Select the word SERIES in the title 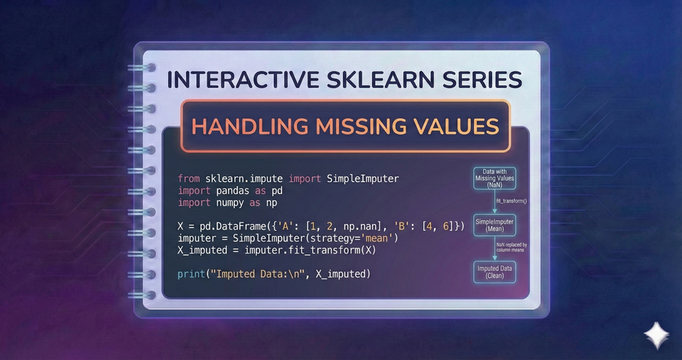485,80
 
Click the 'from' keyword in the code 189,178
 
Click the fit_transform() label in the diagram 511,202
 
